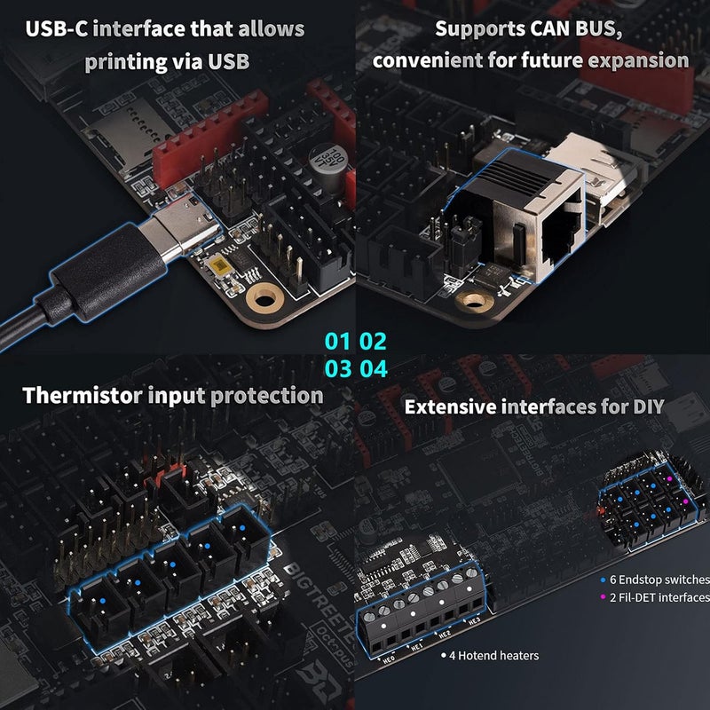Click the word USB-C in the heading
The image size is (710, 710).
click(x=57, y=29)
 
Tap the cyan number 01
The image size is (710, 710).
click(x=337, y=341)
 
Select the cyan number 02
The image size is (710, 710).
click(x=374, y=341)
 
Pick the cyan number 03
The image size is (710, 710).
click(x=337, y=369)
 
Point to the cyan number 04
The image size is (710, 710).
click(x=374, y=369)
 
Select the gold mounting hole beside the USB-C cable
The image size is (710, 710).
click(x=260, y=297)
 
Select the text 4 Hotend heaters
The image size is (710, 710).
click(x=493, y=656)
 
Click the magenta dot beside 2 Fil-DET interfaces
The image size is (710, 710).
click(x=603, y=597)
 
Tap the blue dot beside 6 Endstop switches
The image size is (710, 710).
click(x=603, y=579)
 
